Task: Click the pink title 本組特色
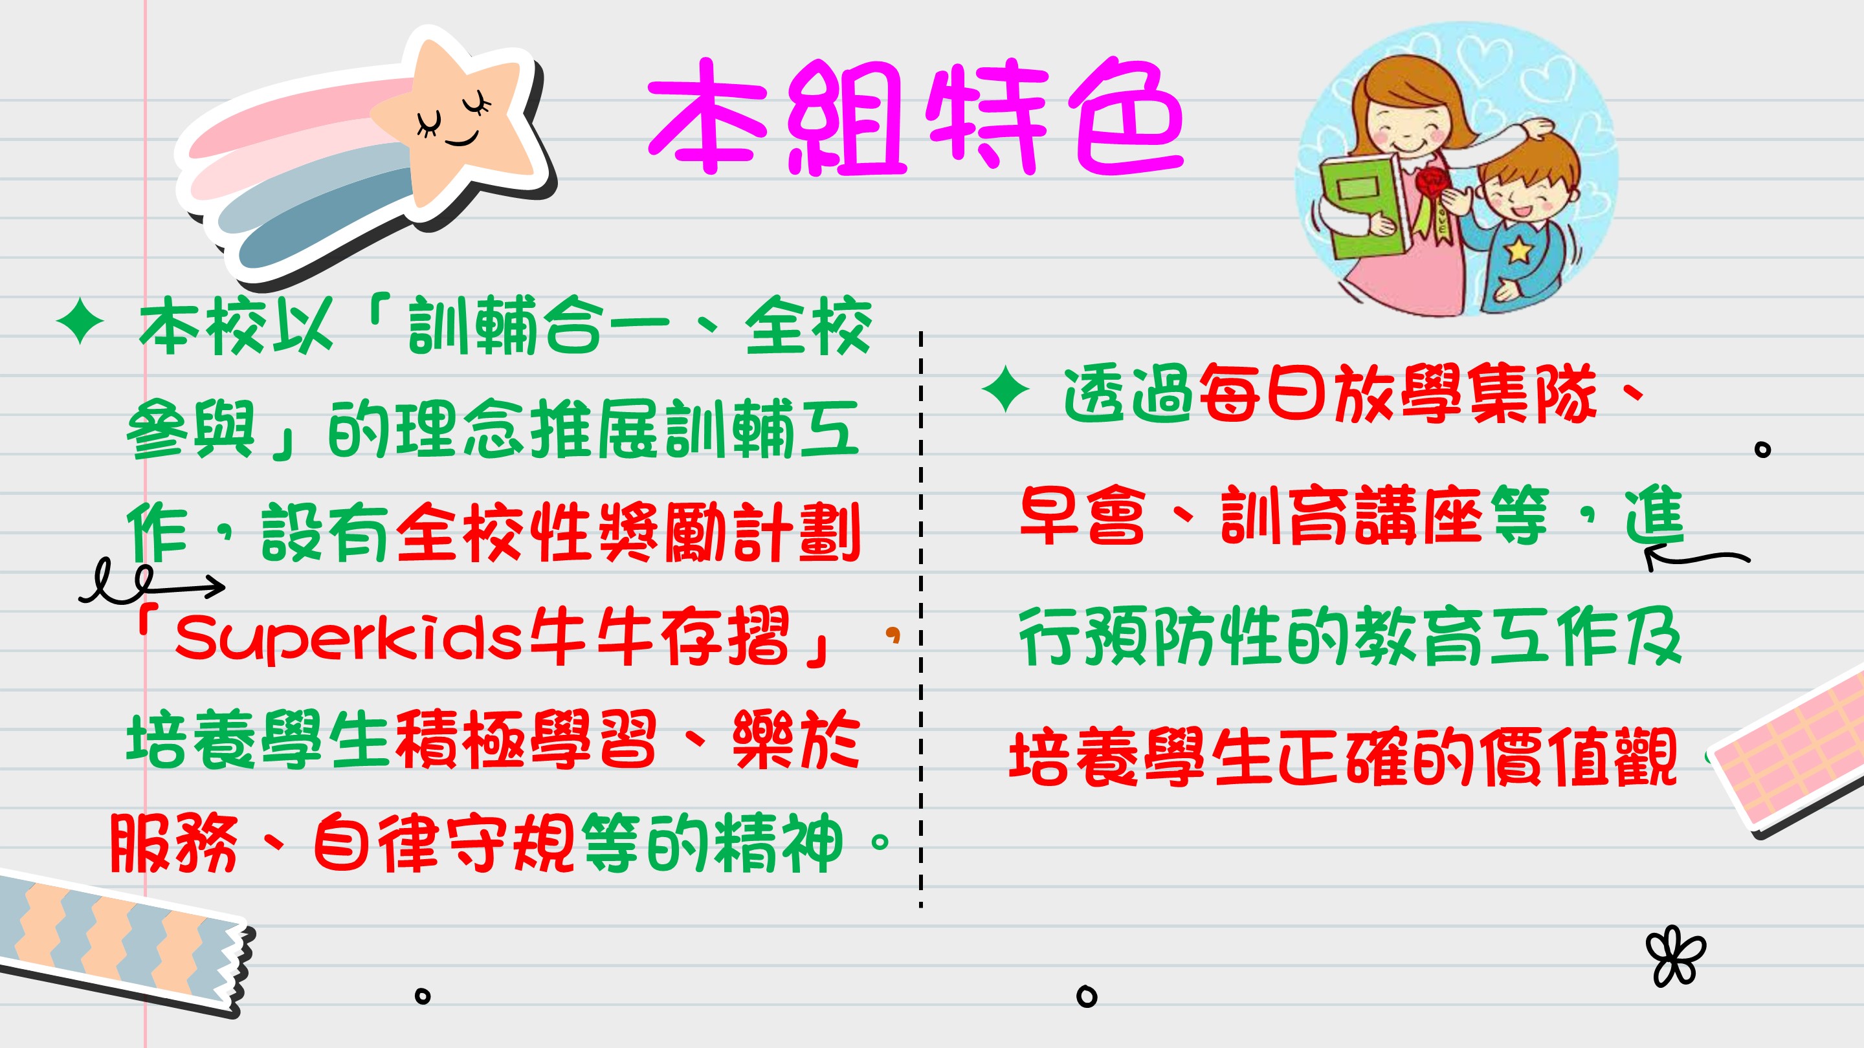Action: coord(915,117)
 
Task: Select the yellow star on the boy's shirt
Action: coord(1519,250)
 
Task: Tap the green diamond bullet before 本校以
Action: coord(80,324)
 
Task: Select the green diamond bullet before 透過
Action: coord(1005,389)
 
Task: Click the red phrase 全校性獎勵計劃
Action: coord(628,532)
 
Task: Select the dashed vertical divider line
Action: coord(920,619)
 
